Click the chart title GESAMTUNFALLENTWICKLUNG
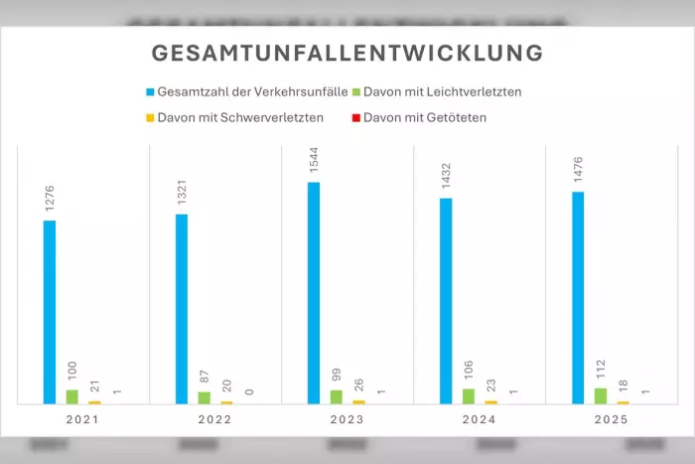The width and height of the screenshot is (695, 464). coord(347,53)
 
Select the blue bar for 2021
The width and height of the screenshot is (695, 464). coord(50,312)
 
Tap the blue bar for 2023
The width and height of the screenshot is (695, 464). coord(314,293)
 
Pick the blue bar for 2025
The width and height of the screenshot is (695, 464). coord(578,298)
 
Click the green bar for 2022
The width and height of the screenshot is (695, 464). coord(204,397)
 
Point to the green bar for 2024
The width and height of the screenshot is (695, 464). coord(469,396)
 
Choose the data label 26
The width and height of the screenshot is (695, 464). coord(358,386)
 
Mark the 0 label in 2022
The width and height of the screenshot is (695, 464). coord(248,392)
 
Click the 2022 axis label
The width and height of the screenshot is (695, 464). coord(215,420)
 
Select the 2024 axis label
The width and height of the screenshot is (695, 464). coord(480,420)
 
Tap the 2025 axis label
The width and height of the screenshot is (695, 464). coord(612,420)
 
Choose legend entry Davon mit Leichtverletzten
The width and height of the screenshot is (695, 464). coord(442,92)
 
